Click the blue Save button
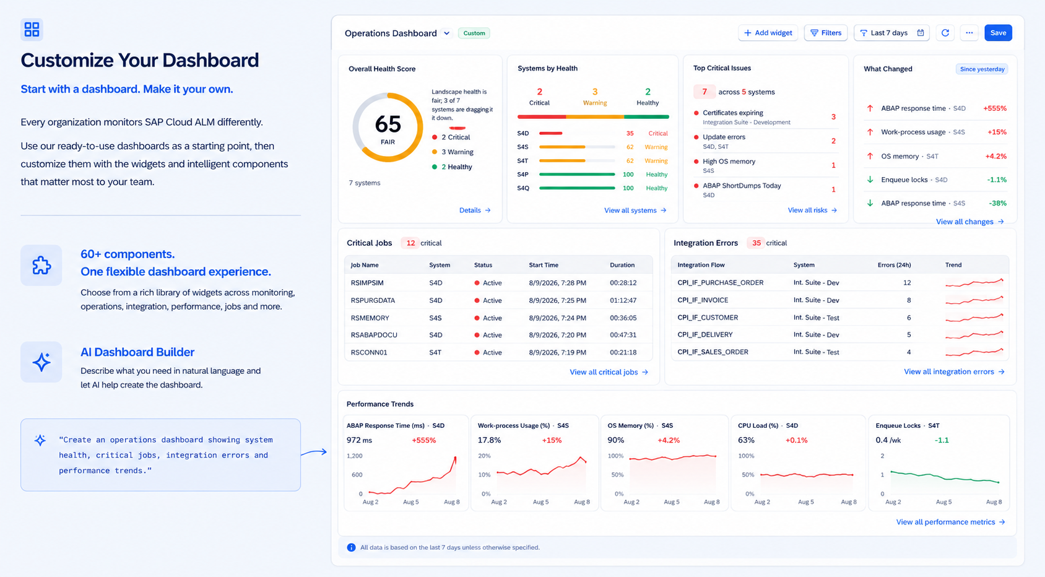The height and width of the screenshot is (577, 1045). (x=998, y=33)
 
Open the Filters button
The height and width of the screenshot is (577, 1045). (x=826, y=33)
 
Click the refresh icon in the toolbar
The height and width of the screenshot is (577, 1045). (x=945, y=33)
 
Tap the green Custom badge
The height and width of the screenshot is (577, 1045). (x=474, y=33)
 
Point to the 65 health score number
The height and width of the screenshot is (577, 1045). (x=388, y=124)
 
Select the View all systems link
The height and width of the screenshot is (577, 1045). (x=635, y=210)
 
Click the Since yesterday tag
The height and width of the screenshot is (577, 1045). (x=982, y=69)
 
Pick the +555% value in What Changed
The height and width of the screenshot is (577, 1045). (x=995, y=108)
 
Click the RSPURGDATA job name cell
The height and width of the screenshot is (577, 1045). (x=373, y=300)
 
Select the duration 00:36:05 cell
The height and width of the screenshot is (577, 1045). (x=623, y=318)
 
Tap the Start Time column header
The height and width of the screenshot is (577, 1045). (x=544, y=265)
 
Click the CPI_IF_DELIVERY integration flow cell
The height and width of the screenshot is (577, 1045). (x=705, y=334)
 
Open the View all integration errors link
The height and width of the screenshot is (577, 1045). (x=954, y=371)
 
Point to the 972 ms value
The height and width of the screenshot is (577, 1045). (x=359, y=440)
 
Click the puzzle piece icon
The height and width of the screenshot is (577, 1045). (x=41, y=266)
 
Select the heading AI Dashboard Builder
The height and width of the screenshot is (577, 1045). (x=137, y=352)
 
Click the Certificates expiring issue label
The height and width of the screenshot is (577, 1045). (x=733, y=113)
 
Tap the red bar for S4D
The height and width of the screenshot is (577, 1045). (x=550, y=133)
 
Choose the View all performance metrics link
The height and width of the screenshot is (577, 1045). (x=950, y=522)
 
